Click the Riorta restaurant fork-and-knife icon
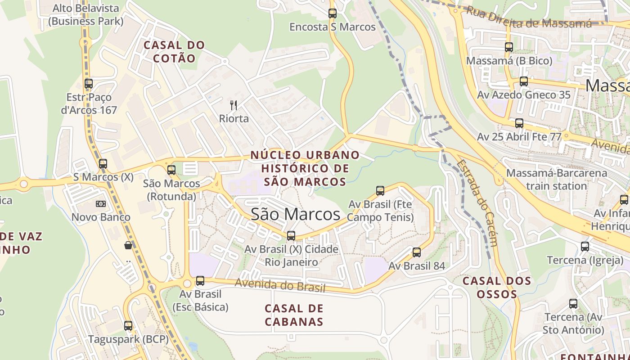234,105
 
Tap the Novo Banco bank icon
101,204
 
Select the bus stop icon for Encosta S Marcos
333,13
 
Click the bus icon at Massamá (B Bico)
509,47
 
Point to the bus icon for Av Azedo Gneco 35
524,81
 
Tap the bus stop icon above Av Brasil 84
417,252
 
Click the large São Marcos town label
295,214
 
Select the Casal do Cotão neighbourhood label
174,52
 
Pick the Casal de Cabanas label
294,315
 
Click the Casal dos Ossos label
497,288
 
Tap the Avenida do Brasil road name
280,285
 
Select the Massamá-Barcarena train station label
546,180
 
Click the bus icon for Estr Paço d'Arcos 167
89,84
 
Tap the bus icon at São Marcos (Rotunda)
171,170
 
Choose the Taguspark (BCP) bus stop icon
128,326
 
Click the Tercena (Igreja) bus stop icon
585,247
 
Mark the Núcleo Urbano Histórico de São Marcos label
305,168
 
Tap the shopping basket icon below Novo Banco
129,245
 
